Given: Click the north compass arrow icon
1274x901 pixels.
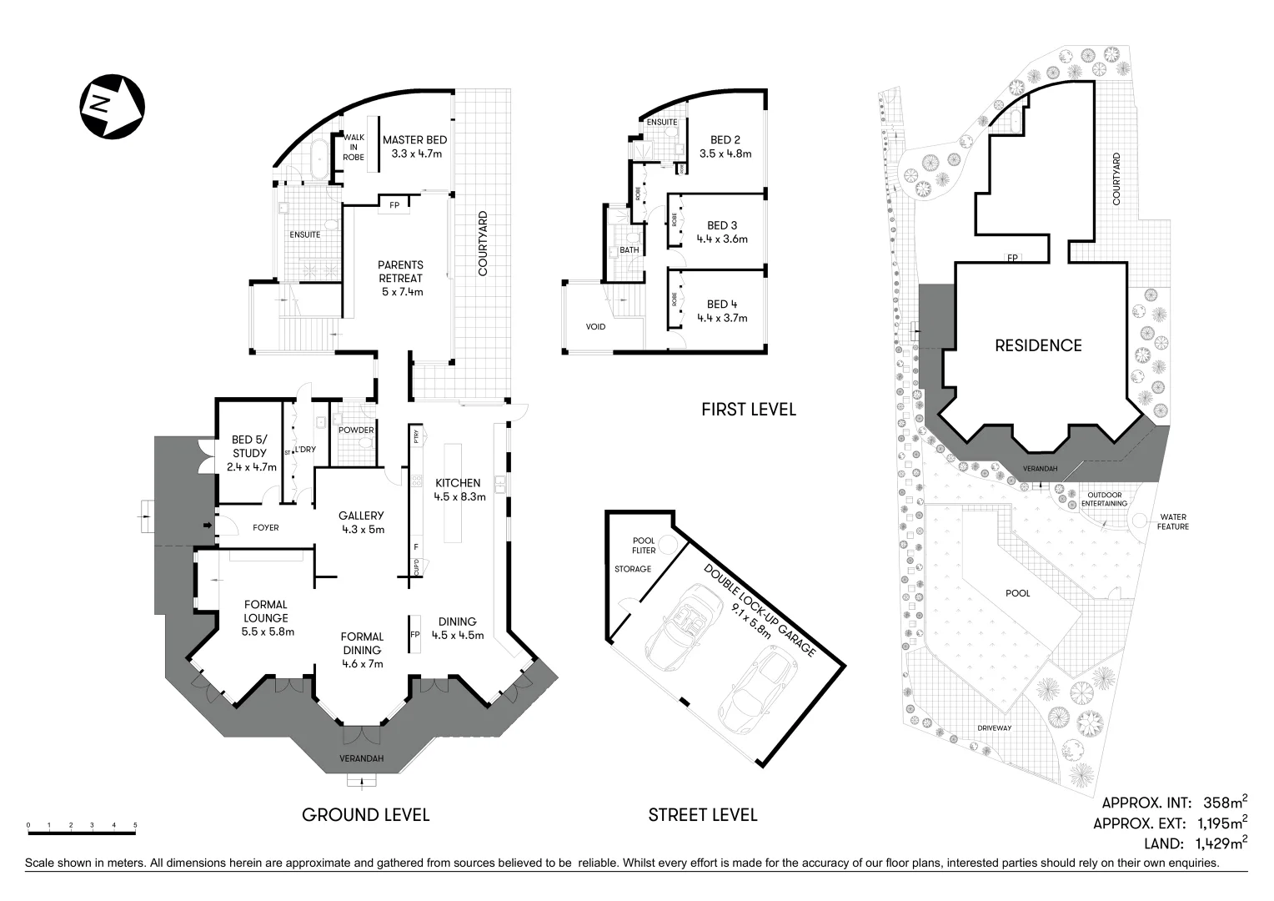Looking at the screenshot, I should click(112, 106).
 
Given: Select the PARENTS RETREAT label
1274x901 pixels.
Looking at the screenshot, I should click(401, 278).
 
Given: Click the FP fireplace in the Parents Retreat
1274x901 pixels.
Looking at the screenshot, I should click(394, 204).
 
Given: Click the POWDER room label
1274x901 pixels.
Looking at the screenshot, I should click(356, 430).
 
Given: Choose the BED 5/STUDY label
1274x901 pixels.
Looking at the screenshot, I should click(250, 453).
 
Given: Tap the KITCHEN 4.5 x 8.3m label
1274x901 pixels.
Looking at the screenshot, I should click(459, 489).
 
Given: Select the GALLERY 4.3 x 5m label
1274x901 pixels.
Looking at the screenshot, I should click(362, 522).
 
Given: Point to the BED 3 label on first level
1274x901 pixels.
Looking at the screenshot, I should click(722, 231).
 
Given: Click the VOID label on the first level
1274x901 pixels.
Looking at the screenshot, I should click(595, 327).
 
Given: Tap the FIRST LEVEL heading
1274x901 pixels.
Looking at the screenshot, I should click(748, 410).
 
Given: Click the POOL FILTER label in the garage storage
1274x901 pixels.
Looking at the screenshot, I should click(644, 546).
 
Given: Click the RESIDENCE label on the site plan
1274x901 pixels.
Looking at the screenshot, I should click(1038, 345).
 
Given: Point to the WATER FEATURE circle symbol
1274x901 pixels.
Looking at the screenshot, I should click(1139, 521).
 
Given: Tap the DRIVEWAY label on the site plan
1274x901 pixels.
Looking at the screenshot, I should click(994, 728).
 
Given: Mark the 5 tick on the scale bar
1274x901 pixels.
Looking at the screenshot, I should click(135, 826).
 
